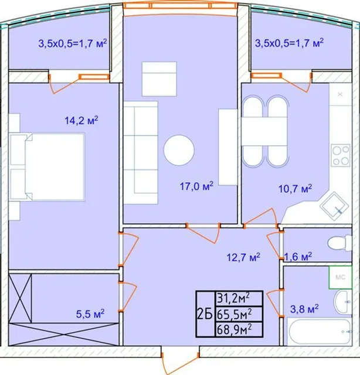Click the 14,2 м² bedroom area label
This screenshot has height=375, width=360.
tap(81, 120)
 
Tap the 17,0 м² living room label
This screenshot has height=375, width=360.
tap(196, 186)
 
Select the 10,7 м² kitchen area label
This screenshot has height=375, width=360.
tap(295, 189)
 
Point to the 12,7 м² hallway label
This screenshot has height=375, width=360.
tap(243, 257)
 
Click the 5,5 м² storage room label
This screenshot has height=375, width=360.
tap(90, 313)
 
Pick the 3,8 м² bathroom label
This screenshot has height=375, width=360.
tap(304, 309)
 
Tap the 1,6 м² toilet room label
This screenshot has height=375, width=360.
tap(298, 257)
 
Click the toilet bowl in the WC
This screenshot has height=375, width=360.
tap(339, 243)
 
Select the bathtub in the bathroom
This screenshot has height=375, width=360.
tap(320, 332)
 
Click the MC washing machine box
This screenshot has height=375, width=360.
tap(341, 277)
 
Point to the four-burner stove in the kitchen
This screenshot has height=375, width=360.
tap(341, 155)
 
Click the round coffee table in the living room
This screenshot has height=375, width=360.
tap(179, 150)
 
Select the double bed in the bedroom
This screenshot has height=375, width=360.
tap(47, 166)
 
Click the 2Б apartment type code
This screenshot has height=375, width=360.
tap(205, 314)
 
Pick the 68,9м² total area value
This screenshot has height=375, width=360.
tap(234, 330)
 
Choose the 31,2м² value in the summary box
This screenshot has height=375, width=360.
tap(233, 298)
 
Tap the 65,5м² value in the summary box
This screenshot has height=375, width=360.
tap(234, 314)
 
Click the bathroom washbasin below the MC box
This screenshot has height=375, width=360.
tap(343, 302)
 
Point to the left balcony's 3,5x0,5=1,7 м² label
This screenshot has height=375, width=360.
tap(73, 43)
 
